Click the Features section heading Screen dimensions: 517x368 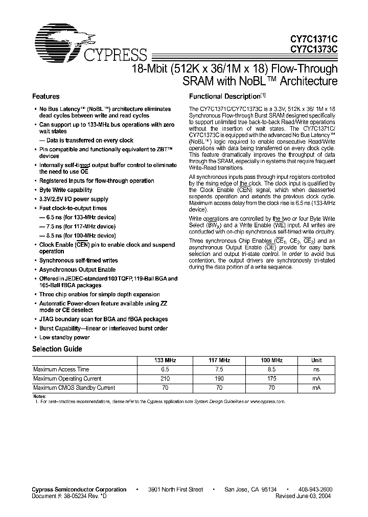pos(46,97)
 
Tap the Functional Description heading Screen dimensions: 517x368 pos(225,97)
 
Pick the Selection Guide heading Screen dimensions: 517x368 pos(57,349)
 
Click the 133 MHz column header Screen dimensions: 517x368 pos(165,360)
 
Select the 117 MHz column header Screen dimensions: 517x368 pos(219,360)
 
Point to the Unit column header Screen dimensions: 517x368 pos(316,360)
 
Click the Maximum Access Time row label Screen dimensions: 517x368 pos(61,369)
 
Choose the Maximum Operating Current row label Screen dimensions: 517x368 pos(67,379)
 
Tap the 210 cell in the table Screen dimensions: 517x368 pos(165,379)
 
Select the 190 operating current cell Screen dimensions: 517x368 pos(219,379)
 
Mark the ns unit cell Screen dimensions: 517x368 pos(316,369)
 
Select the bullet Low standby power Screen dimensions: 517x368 pos(64,338)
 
